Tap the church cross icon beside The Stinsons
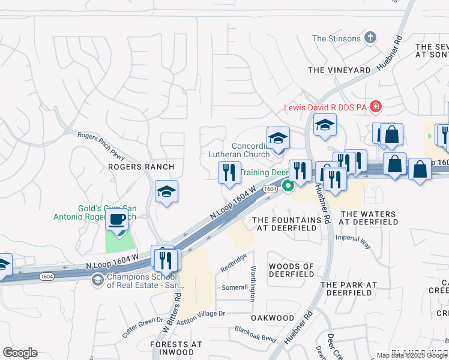click(x=371, y=38)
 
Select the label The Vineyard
click(x=339, y=70)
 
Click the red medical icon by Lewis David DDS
click(x=376, y=107)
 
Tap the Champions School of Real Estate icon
click(x=97, y=280)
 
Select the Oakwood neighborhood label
click(x=273, y=318)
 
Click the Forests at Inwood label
click(x=176, y=349)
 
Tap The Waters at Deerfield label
click(x=369, y=218)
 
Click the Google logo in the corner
click(x=20, y=353)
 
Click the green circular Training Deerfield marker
click(x=288, y=186)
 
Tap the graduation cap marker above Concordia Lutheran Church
click(x=278, y=139)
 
